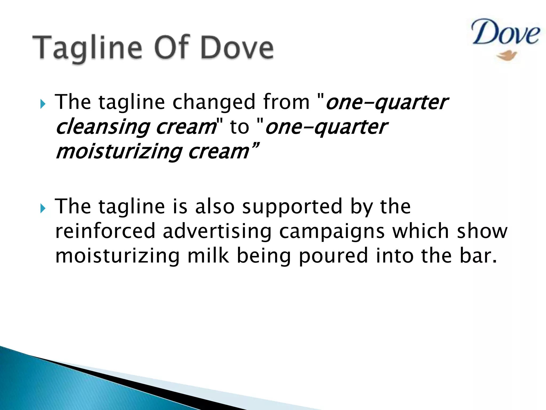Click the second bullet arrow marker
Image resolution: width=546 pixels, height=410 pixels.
point(43,208)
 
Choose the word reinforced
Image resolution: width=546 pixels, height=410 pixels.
point(105,231)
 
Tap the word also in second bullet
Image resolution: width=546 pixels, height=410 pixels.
point(214,207)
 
